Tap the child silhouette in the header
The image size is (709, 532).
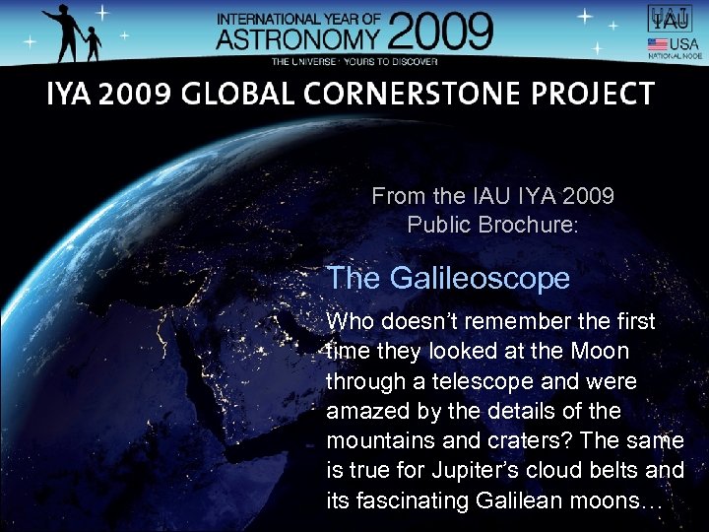92,44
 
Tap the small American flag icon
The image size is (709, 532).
656,45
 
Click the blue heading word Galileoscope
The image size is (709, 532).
480,279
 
